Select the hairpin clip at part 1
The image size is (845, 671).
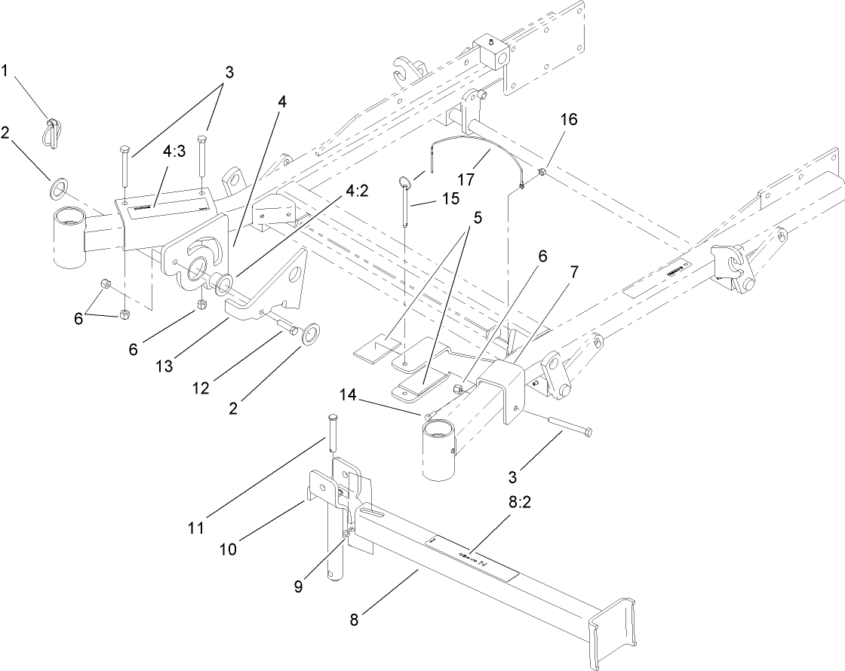[x=51, y=130]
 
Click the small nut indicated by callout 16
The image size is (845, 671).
[x=542, y=175]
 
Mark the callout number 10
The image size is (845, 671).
[x=228, y=550]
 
